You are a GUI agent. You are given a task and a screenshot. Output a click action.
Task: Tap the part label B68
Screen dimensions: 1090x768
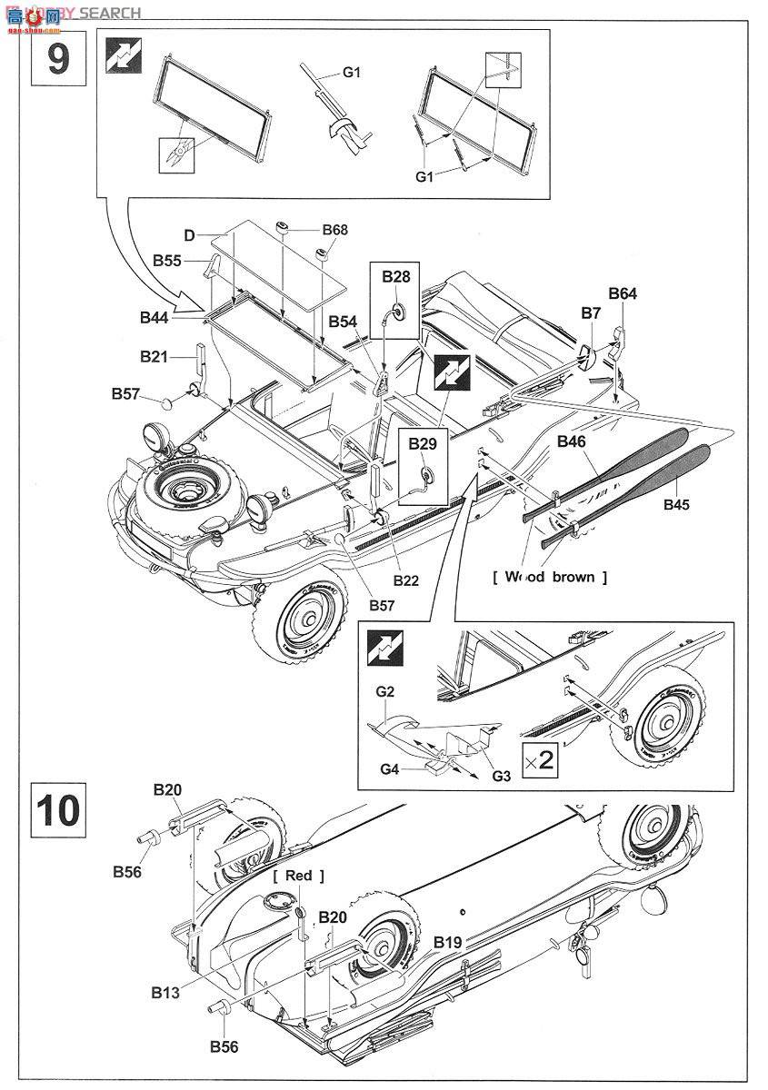click(334, 231)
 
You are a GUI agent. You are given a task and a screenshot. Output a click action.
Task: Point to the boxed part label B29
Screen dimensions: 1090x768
click(423, 443)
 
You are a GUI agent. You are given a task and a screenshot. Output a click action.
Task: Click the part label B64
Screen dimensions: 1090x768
click(623, 293)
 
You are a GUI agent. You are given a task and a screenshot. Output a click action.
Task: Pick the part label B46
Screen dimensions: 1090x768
click(572, 441)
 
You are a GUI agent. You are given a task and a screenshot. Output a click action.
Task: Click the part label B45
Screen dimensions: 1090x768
click(678, 504)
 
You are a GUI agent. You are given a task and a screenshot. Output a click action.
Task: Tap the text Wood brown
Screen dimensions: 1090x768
click(549, 577)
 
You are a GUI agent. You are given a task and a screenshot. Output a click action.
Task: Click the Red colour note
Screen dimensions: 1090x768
click(298, 875)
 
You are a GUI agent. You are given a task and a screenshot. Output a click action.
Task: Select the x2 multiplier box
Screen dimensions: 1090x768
click(540, 759)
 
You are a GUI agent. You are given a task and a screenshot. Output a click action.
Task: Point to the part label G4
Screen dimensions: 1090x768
click(391, 768)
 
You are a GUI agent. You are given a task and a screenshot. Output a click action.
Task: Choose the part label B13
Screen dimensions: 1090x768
click(165, 993)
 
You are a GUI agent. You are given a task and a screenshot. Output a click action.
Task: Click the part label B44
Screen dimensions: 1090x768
click(155, 317)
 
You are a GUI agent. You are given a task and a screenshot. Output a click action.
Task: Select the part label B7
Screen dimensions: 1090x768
click(591, 312)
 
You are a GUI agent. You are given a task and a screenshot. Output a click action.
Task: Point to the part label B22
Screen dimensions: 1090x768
click(405, 580)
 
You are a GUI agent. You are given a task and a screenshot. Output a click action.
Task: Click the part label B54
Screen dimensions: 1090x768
click(344, 321)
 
